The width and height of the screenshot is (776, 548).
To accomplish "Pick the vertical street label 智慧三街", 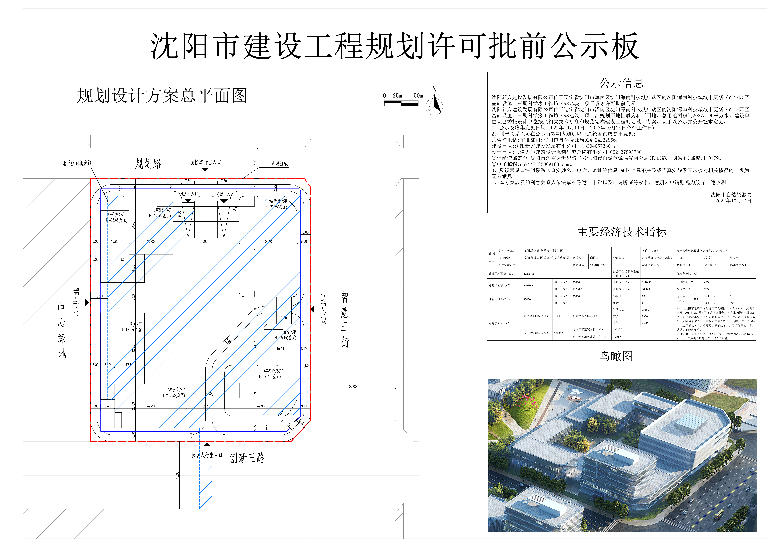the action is tap(344, 319).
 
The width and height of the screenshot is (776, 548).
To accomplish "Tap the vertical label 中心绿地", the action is tap(61, 330).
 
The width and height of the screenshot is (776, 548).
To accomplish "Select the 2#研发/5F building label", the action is tap(276, 204).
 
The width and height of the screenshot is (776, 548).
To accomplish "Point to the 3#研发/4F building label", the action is tap(174, 393).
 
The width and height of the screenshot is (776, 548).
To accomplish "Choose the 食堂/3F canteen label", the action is tap(286, 335).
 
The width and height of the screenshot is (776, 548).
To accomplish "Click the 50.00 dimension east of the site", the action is tap(353, 386).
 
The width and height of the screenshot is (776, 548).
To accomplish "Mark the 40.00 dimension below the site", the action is tap(177, 475).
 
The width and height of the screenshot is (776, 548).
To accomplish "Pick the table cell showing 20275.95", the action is tap(529, 274).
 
